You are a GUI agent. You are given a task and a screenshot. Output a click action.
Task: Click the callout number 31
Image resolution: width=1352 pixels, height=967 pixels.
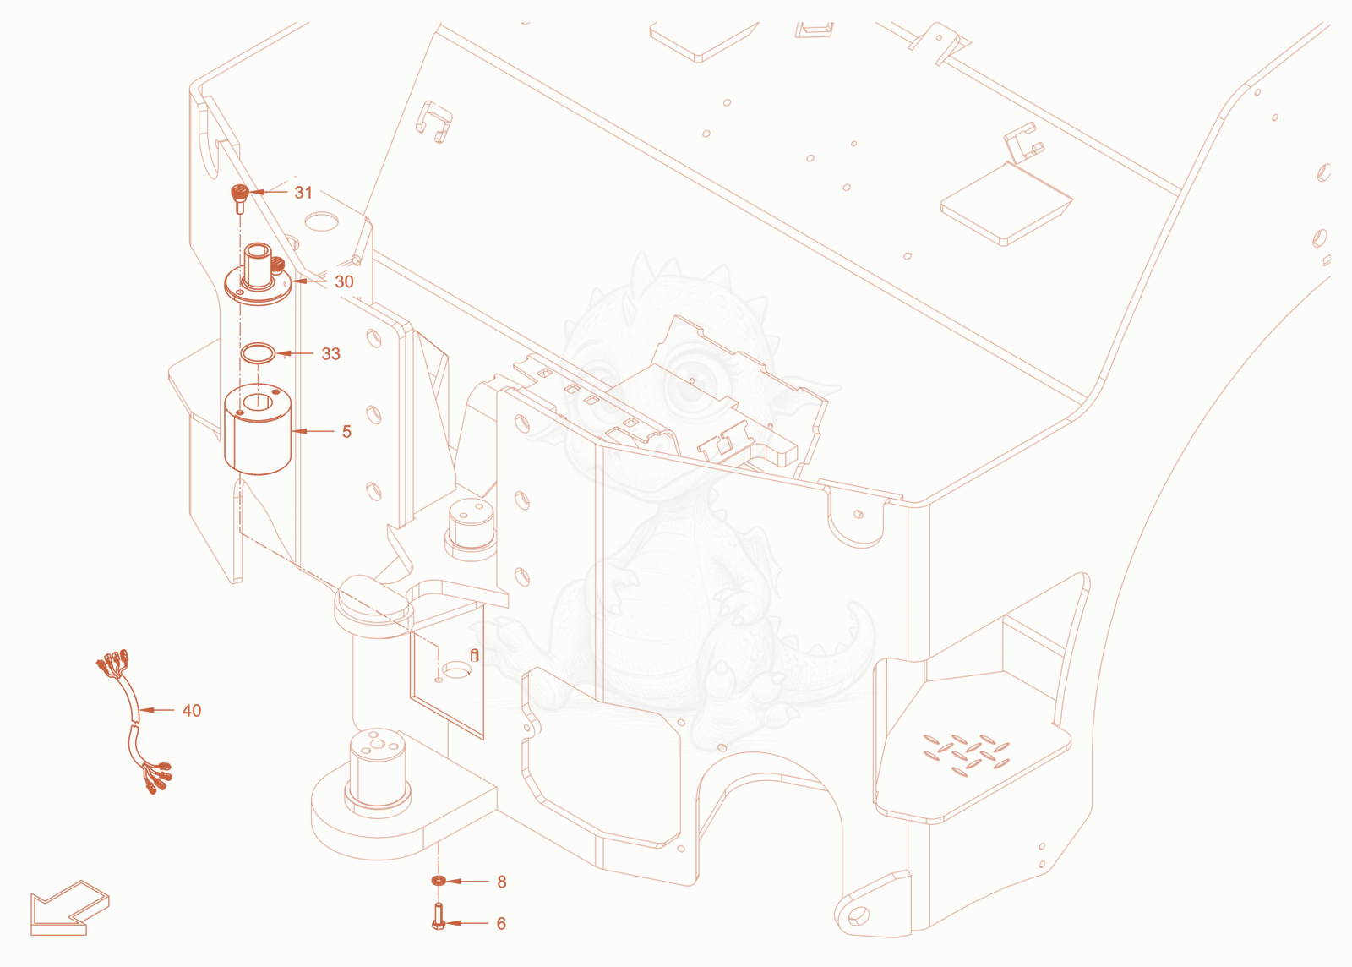(x=303, y=193)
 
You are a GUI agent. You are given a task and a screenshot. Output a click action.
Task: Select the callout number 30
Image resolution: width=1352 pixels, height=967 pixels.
(x=344, y=281)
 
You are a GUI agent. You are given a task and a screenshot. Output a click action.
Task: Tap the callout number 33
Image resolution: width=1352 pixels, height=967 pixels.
(x=330, y=353)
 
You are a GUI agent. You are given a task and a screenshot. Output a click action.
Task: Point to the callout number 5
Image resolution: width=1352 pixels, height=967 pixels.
(x=346, y=432)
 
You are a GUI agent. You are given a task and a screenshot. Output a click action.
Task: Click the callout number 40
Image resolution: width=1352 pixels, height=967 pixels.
(x=192, y=711)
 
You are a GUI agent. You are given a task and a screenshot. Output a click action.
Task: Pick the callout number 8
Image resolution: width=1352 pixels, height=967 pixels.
(x=502, y=882)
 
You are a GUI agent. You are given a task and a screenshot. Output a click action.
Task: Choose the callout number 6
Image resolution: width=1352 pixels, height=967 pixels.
(x=501, y=924)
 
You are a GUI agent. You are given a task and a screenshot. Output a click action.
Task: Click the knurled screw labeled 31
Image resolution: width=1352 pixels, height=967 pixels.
(x=240, y=199)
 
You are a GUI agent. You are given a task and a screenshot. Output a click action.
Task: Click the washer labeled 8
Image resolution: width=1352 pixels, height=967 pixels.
(x=439, y=882)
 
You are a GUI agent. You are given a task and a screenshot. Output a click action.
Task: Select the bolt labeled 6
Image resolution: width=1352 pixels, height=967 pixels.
(x=439, y=916)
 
